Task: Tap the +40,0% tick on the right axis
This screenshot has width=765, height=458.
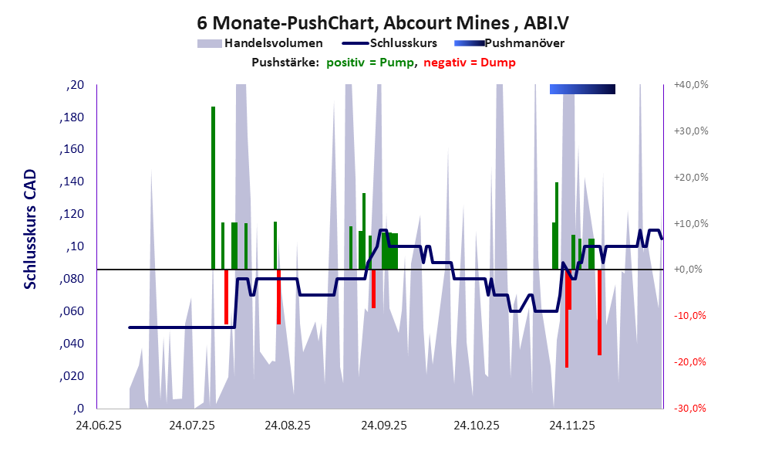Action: tap(691, 85)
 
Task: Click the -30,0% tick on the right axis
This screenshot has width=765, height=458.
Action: tap(691, 409)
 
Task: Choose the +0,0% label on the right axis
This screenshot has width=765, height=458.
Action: tap(691, 270)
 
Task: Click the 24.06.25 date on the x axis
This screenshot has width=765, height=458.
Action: tap(98, 426)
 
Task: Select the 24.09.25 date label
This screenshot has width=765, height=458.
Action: tap(383, 426)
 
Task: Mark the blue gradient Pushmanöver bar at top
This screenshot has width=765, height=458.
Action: tap(582, 90)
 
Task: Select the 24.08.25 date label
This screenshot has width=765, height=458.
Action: tap(288, 426)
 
